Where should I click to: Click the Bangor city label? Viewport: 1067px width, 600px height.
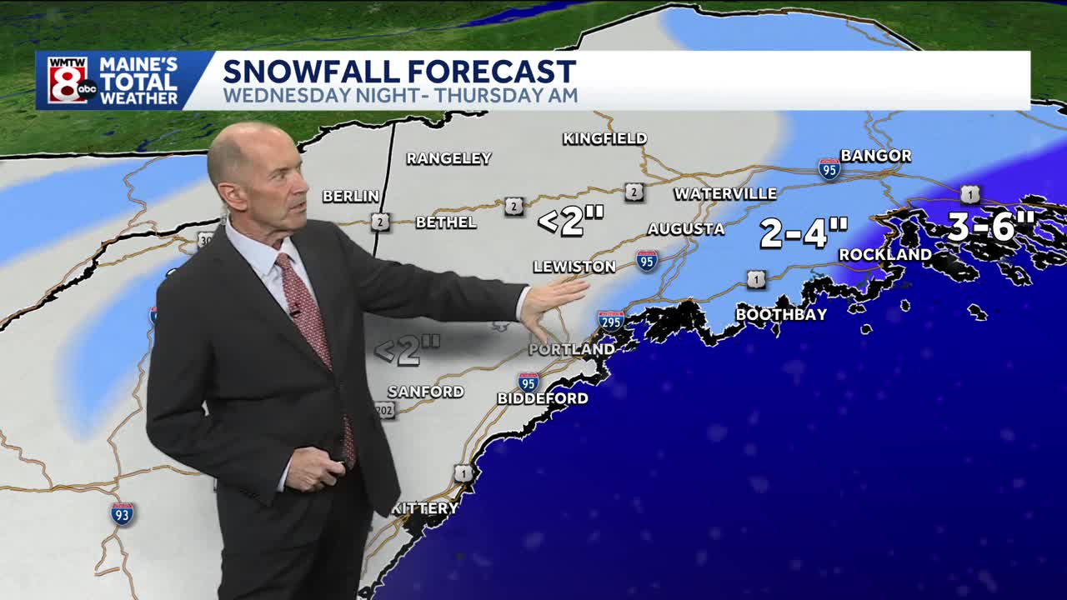pyautogui.click(x=875, y=156)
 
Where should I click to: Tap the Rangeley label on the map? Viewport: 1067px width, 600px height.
pyautogui.click(x=448, y=158)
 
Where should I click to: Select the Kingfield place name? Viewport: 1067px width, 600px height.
pyautogui.click(x=604, y=138)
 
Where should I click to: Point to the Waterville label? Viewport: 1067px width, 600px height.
pyautogui.click(x=725, y=194)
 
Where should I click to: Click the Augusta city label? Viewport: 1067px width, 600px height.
pyautogui.click(x=686, y=229)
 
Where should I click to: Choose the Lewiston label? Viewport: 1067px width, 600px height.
pyautogui.click(x=574, y=267)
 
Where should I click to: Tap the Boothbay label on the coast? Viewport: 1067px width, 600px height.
pyautogui.click(x=781, y=314)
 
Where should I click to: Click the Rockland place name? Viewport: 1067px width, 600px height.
pyautogui.click(x=884, y=254)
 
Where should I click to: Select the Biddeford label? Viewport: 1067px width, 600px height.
pyautogui.click(x=543, y=398)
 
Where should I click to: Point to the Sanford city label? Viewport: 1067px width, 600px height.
pyautogui.click(x=425, y=392)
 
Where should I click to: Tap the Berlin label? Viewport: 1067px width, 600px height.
pyautogui.click(x=351, y=197)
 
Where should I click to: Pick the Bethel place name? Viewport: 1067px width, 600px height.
pyautogui.click(x=446, y=222)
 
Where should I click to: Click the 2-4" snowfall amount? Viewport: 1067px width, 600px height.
pyautogui.click(x=804, y=233)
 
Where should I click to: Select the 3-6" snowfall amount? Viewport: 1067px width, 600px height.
pyautogui.click(x=990, y=226)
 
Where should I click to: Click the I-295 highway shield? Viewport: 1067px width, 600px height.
pyautogui.click(x=610, y=321)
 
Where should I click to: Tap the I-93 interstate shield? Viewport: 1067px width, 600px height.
pyautogui.click(x=122, y=513)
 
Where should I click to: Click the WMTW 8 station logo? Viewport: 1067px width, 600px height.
pyautogui.click(x=71, y=81)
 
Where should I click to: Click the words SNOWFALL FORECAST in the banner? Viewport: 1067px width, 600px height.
pyautogui.click(x=398, y=71)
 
